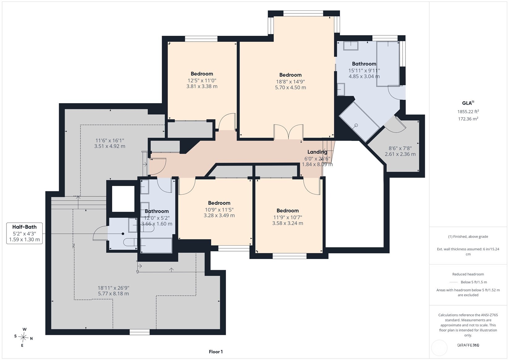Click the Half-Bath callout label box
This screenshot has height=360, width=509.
click(x=24, y=233)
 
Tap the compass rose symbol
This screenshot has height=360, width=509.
click(x=23, y=337)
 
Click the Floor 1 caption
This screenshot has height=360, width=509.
click(x=216, y=352)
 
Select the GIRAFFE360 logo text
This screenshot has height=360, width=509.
click(x=468, y=345)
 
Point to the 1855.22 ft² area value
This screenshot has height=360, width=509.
click(x=468, y=111)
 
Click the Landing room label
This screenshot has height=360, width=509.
click(x=317, y=152)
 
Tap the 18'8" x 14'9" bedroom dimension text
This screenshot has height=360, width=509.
click(x=291, y=81)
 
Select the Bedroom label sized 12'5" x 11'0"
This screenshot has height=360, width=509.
click(x=202, y=74)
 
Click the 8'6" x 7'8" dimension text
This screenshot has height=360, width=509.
click(x=400, y=148)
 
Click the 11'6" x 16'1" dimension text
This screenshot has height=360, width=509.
click(x=109, y=141)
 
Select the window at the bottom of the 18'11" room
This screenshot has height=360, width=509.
click(x=139, y=332)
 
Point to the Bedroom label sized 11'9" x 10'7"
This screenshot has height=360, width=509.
click(x=287, y=210)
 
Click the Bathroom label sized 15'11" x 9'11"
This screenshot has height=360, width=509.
click(x=364, y=64)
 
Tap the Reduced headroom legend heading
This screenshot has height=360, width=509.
click(x=468, y=274)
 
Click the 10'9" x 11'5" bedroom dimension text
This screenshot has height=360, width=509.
click(x=219, y=210)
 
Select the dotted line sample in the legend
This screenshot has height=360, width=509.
click(x=454, y=282)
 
